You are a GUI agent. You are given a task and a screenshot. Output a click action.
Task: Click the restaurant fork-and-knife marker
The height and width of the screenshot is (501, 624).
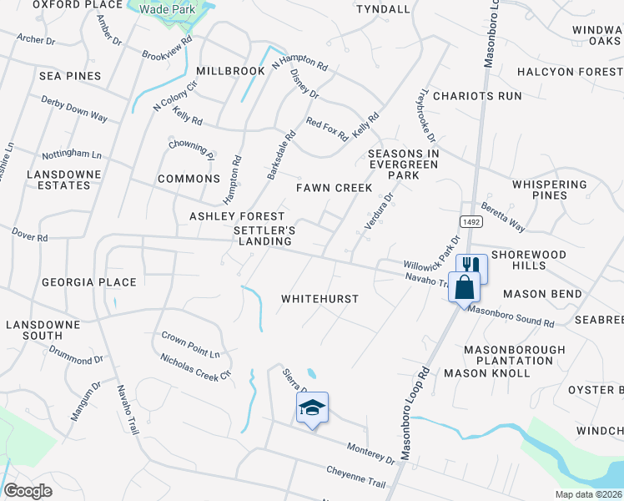coord(471,266)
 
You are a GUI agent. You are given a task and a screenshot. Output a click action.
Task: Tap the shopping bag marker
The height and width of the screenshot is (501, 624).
coord(464,287)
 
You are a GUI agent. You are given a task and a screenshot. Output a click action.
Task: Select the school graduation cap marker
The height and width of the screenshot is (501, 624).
coord(312,407)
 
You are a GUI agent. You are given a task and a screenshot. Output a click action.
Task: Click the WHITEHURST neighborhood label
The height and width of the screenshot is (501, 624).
coord(320,299)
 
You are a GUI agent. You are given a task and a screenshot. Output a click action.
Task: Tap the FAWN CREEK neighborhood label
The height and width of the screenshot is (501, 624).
coord(334,188)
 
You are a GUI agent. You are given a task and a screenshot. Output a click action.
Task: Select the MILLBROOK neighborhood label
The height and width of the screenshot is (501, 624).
coord(231,71)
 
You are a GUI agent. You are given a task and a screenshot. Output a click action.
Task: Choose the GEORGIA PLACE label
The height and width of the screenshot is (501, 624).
coord(88,282)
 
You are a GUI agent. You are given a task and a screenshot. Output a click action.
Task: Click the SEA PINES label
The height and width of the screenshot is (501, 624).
coord(70,76)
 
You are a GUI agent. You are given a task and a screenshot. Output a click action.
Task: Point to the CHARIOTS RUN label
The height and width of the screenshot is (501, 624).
coord(483,96)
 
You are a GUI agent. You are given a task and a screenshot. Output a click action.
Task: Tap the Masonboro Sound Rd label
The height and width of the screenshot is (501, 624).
coord(511,316)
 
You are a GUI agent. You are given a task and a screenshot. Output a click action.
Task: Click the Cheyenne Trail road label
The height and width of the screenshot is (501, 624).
coord(356,478)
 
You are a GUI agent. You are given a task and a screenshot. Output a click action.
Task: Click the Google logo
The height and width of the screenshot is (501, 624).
coord(28,491)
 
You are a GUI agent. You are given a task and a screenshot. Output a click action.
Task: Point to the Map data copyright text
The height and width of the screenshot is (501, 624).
coord(588,494)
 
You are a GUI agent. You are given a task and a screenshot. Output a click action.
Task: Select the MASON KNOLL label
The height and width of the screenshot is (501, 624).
coord(487,373)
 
